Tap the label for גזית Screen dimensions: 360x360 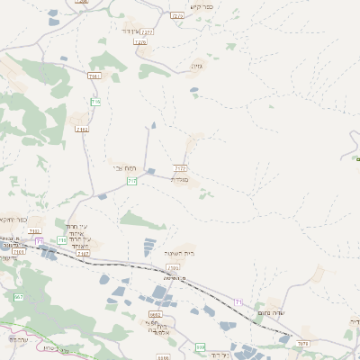point(197,66)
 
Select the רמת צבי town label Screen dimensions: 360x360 point(123,167)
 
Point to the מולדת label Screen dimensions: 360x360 point(180,179)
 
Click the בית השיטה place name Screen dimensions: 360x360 point(180,254)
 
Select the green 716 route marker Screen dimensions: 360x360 point(95,103)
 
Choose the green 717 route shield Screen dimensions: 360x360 point(132,182)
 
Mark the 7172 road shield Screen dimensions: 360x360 point(180,167)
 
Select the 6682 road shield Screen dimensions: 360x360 point(155,314)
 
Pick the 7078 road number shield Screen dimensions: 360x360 point(302,343)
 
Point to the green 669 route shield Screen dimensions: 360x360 point(201,346)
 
